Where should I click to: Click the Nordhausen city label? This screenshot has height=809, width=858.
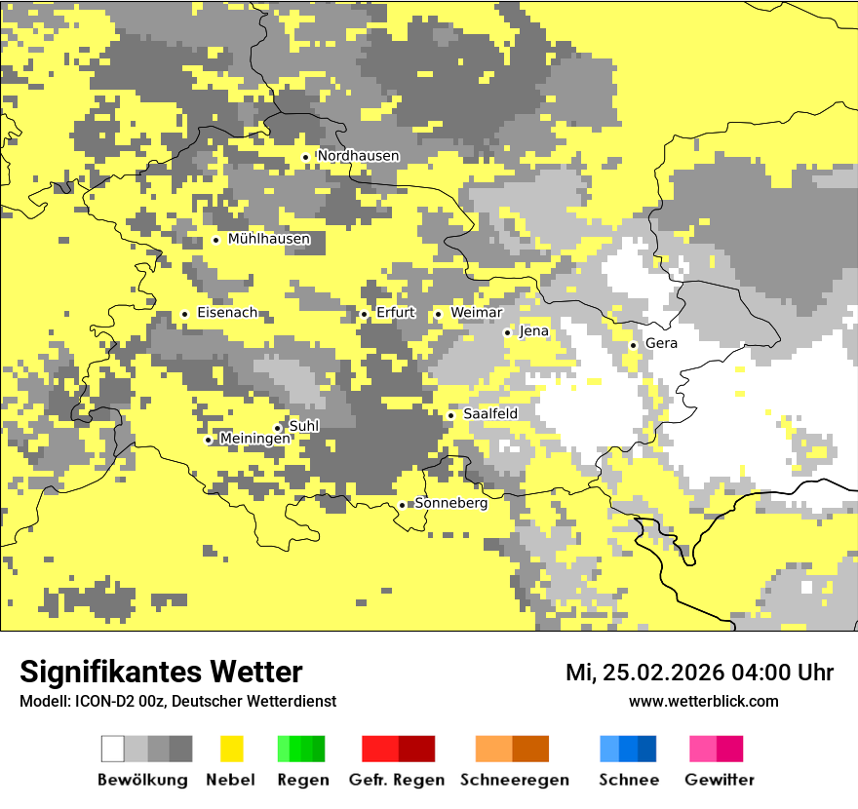(x=358, y=156)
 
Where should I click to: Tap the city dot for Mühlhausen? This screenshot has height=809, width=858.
(x=216, y=240)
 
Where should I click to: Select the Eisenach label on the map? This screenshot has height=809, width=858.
(x=227, y=313)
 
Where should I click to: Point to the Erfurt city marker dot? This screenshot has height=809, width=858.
(x=364, y=314)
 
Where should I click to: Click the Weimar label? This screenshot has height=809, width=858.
(x=476, y=313)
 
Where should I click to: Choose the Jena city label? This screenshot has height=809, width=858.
(x=533, y=331)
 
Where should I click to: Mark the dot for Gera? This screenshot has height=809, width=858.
(x=633, y=345)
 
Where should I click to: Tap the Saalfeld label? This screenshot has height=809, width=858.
(x=489, y=414)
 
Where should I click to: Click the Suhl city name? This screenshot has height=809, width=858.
(x=304, y=426)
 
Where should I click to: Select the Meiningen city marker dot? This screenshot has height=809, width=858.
(x=208, y=441)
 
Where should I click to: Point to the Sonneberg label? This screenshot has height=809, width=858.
(x=450, y=503)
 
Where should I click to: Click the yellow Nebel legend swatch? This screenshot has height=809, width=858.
(x=232, y=749)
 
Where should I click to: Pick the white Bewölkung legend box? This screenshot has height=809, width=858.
(x=113, y=749)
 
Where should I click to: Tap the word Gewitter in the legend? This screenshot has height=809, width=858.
(x=719, y=780)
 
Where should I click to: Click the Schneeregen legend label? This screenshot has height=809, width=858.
(x=514, y=780)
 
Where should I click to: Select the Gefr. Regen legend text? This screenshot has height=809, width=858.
(x=396, y=780)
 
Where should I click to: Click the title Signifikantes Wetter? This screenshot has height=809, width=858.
(x=161, y=673)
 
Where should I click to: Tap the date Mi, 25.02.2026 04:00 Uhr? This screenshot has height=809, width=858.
(x=699, y=673)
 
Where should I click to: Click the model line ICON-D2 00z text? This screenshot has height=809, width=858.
(x=177, y=702)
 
